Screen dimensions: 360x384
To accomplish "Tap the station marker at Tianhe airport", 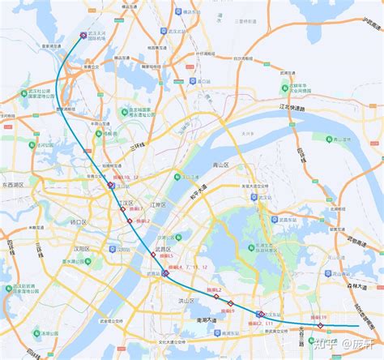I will tap(84, 36).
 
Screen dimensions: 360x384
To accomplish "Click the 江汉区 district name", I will tap(125, 203).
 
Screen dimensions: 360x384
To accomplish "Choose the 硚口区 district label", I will tap(79, 221).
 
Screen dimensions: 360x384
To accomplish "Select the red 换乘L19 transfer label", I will tap(318, 317).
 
